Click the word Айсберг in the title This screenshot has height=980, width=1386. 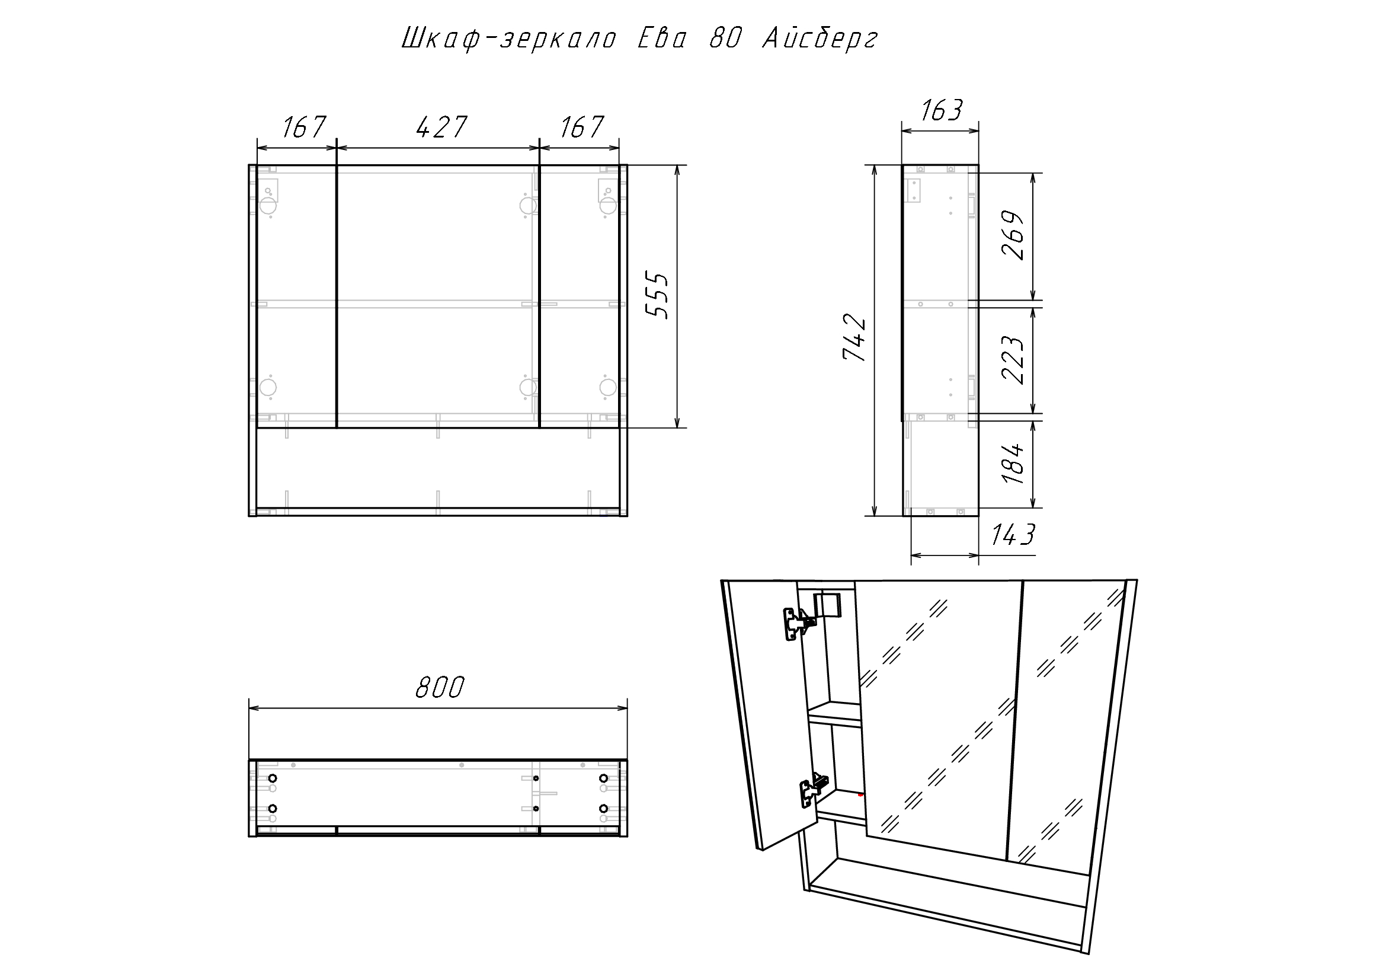tap(820, 39)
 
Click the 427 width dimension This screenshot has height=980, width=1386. tap(441, 127)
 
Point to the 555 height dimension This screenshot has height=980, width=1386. tap(657, 295)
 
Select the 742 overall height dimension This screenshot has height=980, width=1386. tap(855, 337)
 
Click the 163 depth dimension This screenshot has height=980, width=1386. tap(942, 110)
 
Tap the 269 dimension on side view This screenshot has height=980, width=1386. tap(1013, 235)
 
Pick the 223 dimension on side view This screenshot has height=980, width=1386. tap(1013, 360)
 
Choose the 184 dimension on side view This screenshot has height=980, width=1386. tap(1013, 463)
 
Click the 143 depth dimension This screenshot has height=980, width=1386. tap(1013, 534)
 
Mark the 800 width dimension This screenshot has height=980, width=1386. tap(440, 687)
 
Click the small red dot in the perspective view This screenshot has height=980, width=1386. tap(860, 794)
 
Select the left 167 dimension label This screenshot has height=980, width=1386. tap(303, 127)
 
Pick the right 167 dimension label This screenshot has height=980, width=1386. tap(581, 127)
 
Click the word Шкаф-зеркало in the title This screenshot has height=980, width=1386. tap(508, 39)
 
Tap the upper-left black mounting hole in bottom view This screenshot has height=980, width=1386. tap(272, 778)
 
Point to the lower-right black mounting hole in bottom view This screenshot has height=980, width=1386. tap(603, 808)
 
